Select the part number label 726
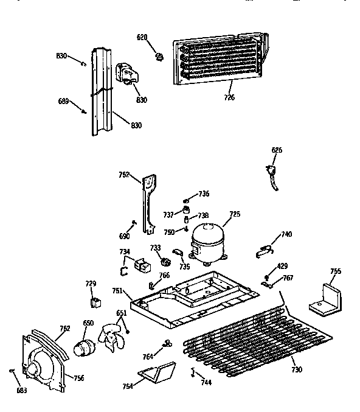tap(229, 97)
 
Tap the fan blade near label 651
tap(111, 339)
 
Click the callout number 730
tap(296, 369)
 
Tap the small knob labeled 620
tap(161, 57)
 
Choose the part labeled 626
tap(271, 176)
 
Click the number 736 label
tap(204, 194)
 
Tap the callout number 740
tap(286, 234)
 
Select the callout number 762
tap(64, 329)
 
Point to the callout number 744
tap(207, 382)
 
